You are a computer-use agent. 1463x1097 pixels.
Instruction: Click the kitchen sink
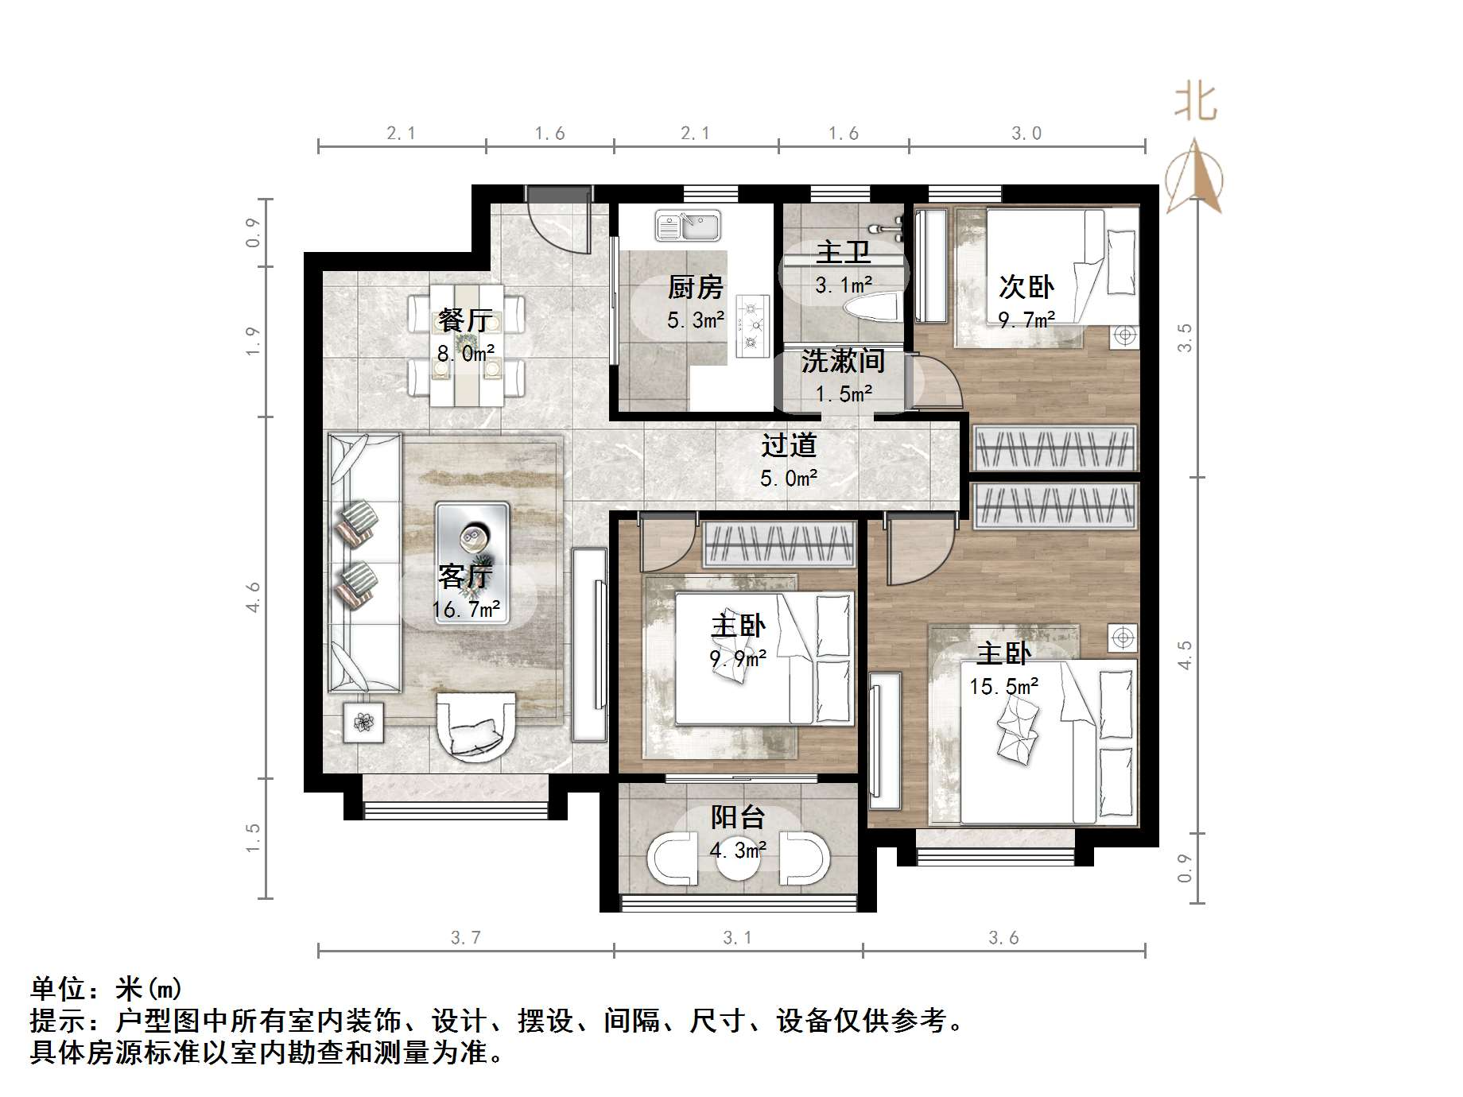tap(688, 226)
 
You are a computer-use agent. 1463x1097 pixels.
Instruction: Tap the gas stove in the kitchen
tap(752, 324)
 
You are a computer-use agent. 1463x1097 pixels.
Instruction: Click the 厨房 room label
tap(696, 287)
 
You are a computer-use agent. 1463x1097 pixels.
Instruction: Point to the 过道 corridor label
tap(789, 445)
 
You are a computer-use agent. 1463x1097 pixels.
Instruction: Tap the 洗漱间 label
tap(843, 362)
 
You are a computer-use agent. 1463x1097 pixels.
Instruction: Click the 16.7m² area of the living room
tap(466, 610)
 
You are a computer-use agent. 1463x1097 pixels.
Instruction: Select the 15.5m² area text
tap(1003, 686)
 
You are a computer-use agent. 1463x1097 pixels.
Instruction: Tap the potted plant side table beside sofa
tap(363, 722)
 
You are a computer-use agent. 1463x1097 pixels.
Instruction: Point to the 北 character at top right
tap(1196, 103)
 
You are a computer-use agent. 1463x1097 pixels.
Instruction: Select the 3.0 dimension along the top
tap(1026, 134)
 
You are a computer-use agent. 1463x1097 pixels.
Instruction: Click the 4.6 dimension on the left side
tap(254, 596)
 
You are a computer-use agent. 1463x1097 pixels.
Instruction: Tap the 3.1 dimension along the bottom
tap(737, 938)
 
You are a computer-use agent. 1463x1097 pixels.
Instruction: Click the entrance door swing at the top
tap(560, 223)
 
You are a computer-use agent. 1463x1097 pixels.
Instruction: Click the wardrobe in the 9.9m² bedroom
tap(779, 544)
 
